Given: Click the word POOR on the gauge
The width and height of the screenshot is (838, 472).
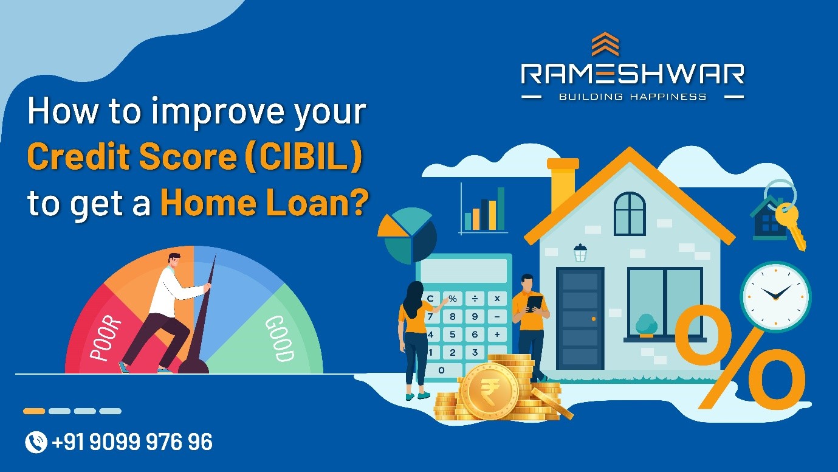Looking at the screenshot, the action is coord(106,338).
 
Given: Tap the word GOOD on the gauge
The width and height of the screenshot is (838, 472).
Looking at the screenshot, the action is coord(280,338).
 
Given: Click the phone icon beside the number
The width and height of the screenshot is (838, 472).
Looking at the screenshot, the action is coord(36,442).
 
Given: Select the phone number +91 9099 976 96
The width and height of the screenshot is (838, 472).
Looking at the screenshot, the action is coord(132,442).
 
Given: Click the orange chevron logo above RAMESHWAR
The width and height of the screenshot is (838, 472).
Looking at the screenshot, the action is coord(605,44).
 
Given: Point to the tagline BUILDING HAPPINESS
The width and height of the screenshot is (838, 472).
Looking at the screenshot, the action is coord(633,97).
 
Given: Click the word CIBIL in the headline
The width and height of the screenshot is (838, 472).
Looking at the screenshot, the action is coord(303,156).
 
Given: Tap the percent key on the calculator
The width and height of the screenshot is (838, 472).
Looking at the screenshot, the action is coord(453,299).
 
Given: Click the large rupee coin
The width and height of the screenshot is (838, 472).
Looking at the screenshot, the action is coord(489,390).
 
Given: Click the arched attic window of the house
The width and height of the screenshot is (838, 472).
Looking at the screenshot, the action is coord(630,213).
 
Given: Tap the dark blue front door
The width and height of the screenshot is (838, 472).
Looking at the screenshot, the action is coord(580,319).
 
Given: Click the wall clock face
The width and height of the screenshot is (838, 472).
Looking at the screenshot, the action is coord(776,297).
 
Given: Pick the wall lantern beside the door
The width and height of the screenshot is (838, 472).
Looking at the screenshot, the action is coord(580,253).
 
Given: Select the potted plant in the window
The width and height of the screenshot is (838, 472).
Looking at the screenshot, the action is coord(647,325).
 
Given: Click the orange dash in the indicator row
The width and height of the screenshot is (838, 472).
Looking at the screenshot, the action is coord(34,411).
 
